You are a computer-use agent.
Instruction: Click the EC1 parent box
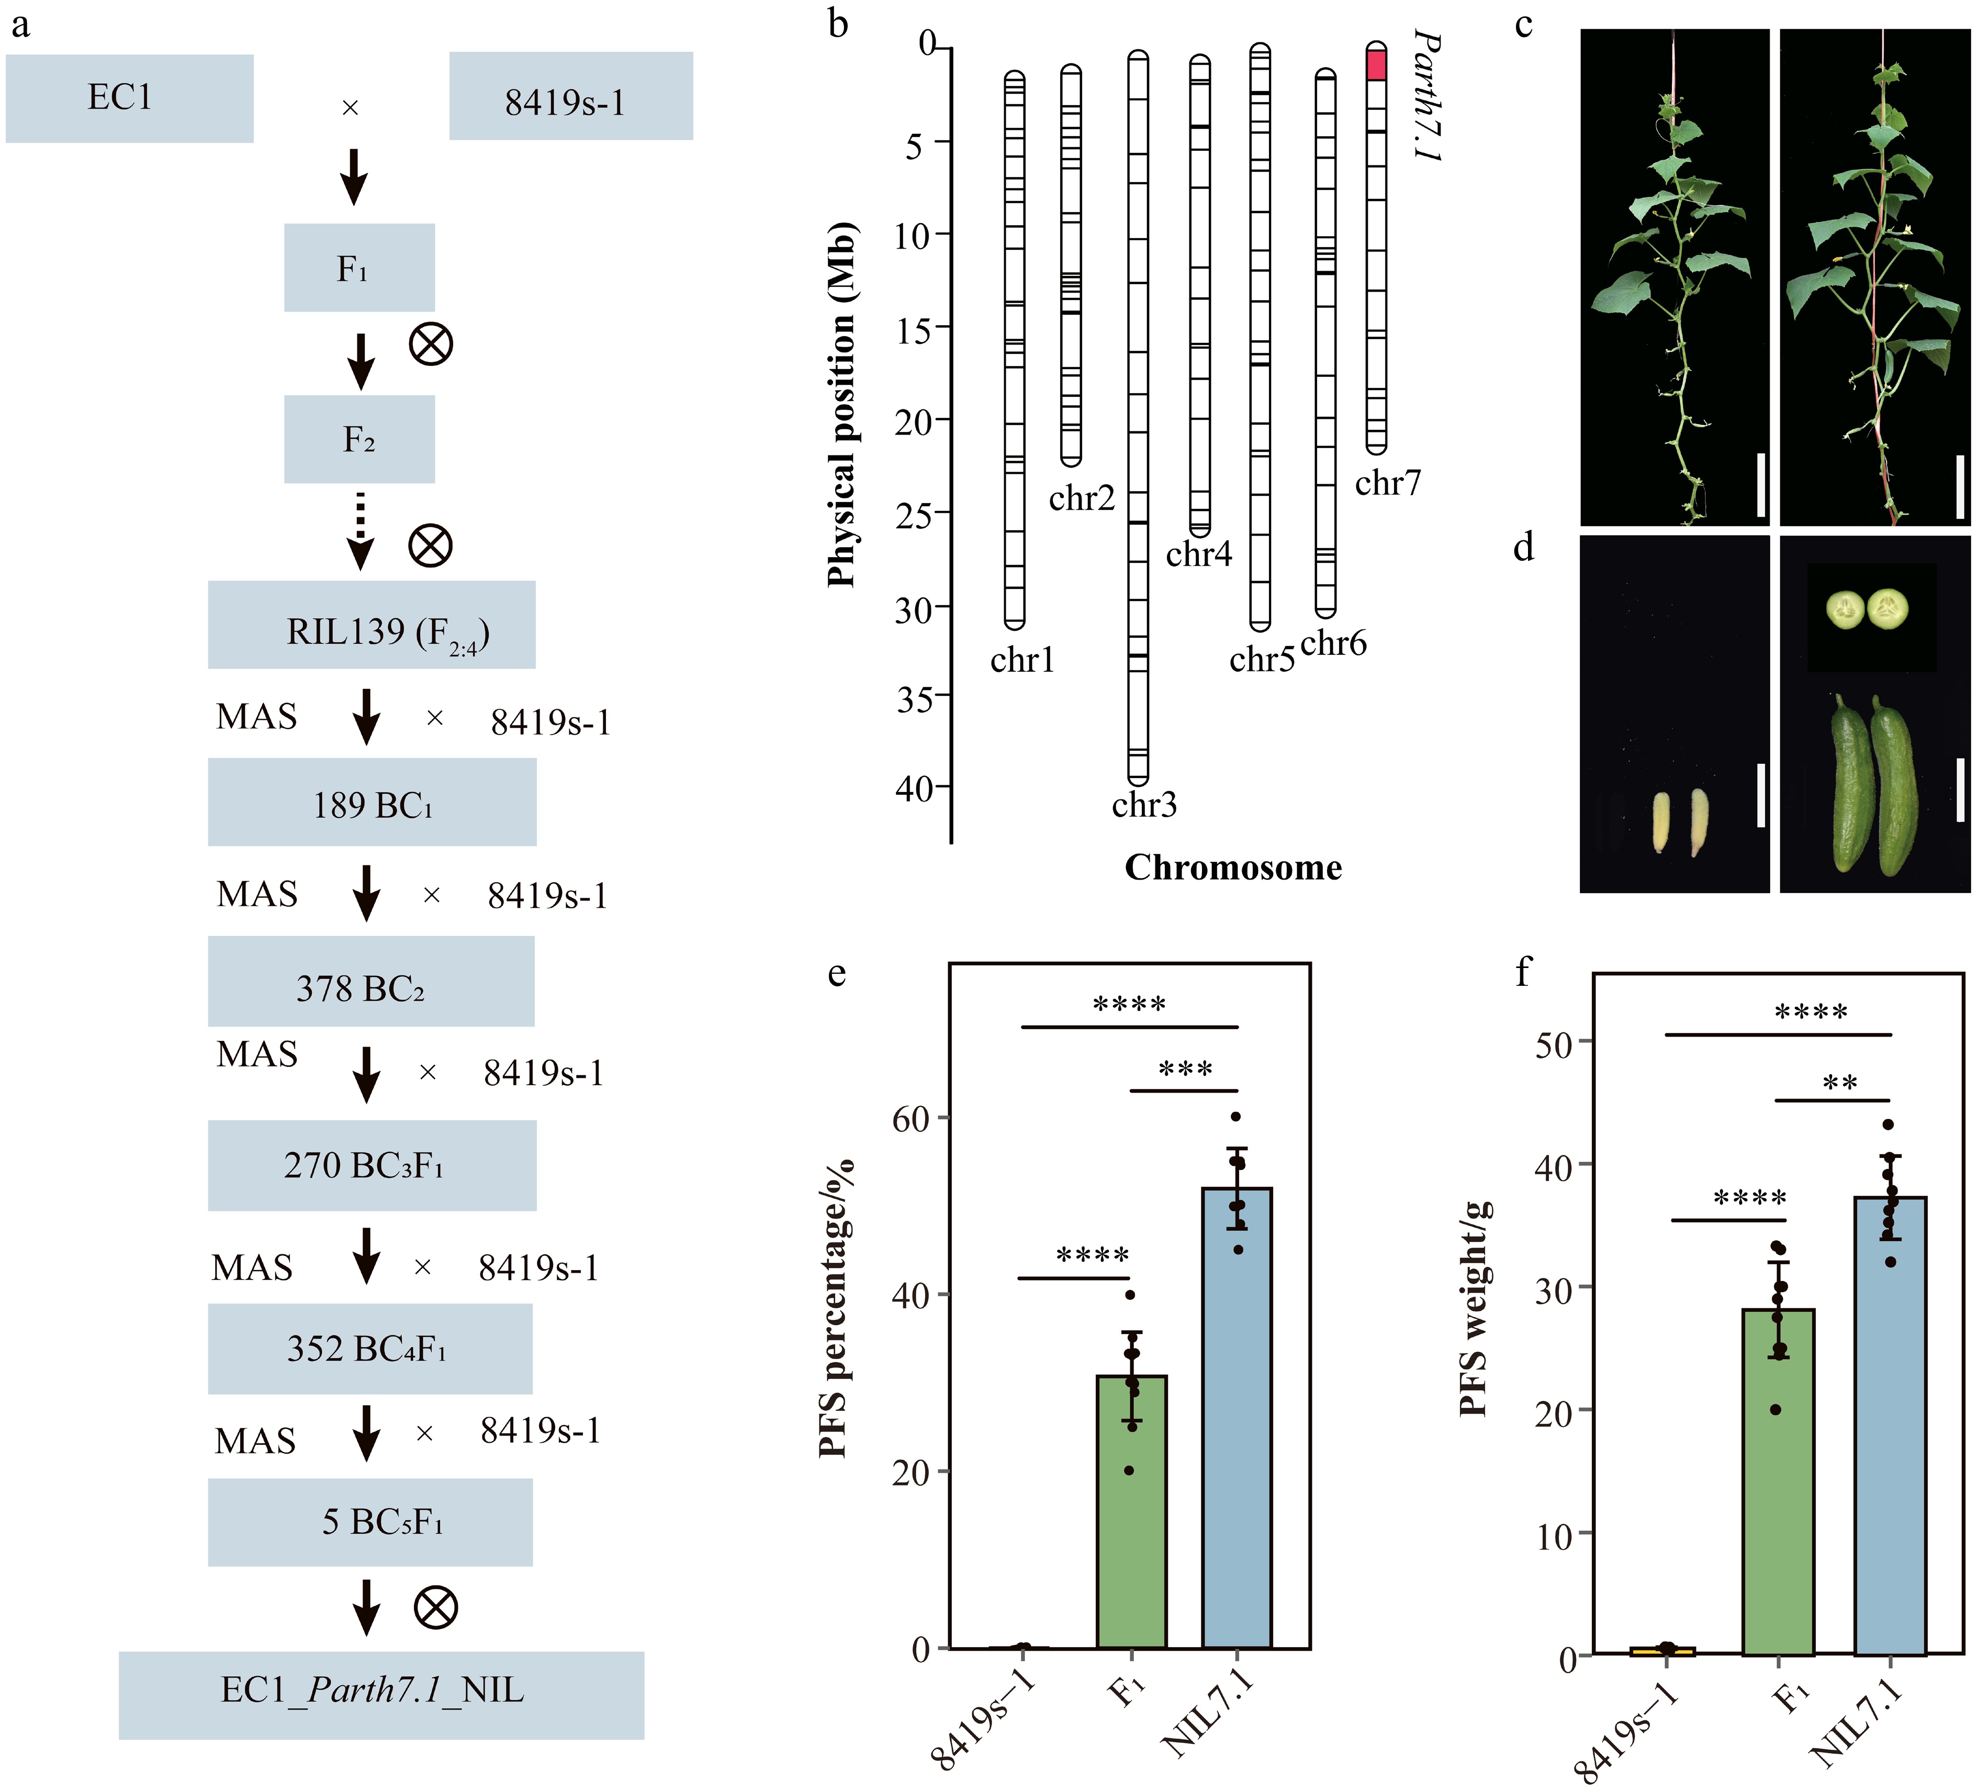[x=130, y=98]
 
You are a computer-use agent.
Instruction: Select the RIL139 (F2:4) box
[x=372, y=625]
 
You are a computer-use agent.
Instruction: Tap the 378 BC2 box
[x=371, y=982]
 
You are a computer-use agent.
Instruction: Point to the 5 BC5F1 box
[x=370, y=1522]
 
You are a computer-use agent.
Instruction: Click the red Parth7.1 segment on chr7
[x=1377, y=65]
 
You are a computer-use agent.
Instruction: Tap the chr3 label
[x=1144, y=805]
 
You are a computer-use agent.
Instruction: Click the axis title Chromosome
[x=1233, y=867]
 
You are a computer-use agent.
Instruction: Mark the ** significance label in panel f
[x=1840, y=1083]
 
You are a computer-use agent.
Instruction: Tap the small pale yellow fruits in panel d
[x=1681, y=822]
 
